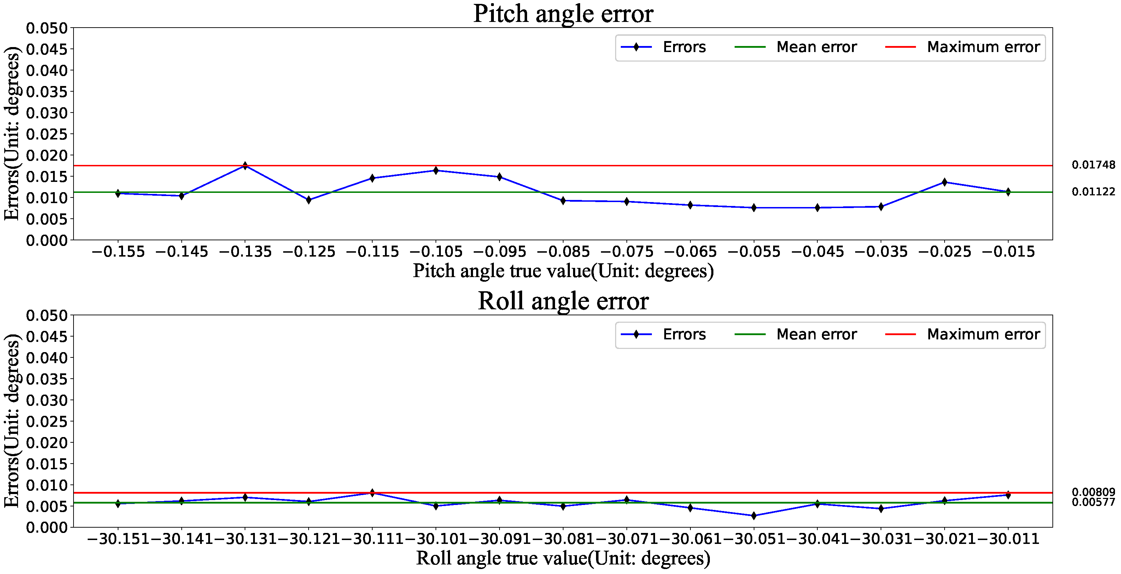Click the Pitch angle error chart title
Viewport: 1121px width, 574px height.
coord(563,14)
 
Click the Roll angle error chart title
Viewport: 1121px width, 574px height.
coord(563,301)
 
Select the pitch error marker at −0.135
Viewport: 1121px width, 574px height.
coord(245,166)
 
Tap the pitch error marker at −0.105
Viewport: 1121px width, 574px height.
coord(436,171)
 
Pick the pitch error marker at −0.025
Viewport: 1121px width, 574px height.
coord(944,182)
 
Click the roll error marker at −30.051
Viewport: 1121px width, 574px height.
coord(754,516)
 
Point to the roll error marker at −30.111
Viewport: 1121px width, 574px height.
coord(372,493)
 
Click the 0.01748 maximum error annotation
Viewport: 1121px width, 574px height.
coord(1093,165)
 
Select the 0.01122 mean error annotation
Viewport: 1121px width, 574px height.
coord(1093,191)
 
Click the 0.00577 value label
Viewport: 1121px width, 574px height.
coord(1093,503)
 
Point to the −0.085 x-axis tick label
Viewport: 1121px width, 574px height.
coord(563,252)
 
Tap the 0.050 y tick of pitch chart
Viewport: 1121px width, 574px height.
coord(47,28)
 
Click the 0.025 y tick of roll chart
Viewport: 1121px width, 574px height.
coord(47,421)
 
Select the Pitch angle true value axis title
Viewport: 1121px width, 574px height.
coord(563,271)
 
